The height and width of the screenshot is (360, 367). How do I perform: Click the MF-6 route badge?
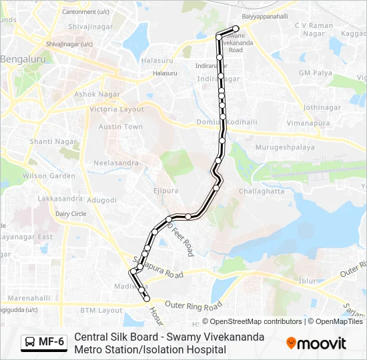(x=44, y=342)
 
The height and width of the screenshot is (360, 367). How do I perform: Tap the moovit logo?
(x=316, y=343)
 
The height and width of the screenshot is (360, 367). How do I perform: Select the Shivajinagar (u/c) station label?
(x=69, y=44)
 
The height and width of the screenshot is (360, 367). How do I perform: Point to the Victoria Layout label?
(x=117, y=109)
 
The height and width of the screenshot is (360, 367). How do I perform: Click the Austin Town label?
(x=121, y=127)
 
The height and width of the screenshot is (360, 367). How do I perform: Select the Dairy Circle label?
(x=71, y=213)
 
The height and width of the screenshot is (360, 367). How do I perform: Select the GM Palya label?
(x=315, y=73)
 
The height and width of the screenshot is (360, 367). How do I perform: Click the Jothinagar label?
(x=322, y=107)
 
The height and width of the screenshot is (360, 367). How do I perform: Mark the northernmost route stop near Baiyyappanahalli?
(x=236, y=29)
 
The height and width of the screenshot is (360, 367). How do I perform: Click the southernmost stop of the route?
(x=147, y=299)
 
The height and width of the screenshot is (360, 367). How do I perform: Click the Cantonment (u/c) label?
(x=85, y=12)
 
